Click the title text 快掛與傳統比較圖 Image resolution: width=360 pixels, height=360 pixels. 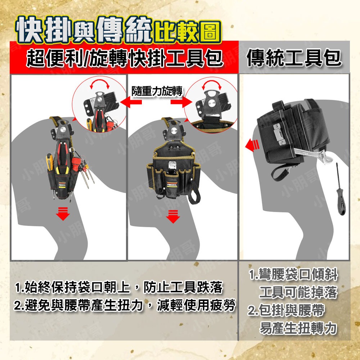117,29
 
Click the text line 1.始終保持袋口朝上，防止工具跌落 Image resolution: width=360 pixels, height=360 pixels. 119,288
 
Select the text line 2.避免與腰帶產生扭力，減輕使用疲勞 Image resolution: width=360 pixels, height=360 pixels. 125,305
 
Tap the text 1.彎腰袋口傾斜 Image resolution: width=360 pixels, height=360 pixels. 293,275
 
